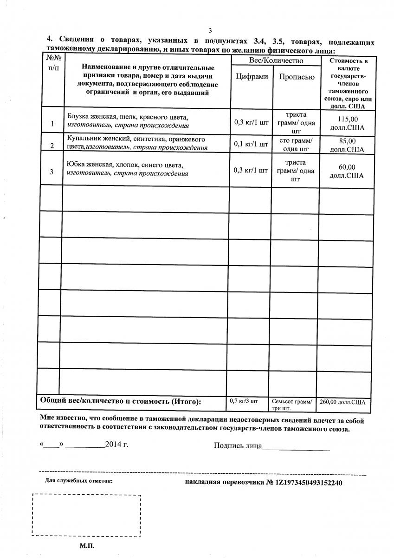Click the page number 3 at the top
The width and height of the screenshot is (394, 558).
(x=210, y=31)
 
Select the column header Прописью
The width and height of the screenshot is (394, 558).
(x=297, y=77)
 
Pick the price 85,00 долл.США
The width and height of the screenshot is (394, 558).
(x=347, y=145)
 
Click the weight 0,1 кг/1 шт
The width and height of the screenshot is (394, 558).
(x=251, y=144)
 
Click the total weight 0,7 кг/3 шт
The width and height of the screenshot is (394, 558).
(x=244, y=400)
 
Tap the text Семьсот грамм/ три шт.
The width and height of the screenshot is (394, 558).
(x=292, y=405)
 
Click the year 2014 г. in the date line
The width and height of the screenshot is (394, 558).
(x=116, y=444)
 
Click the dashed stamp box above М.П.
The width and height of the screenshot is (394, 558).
(x=86, y=516)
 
